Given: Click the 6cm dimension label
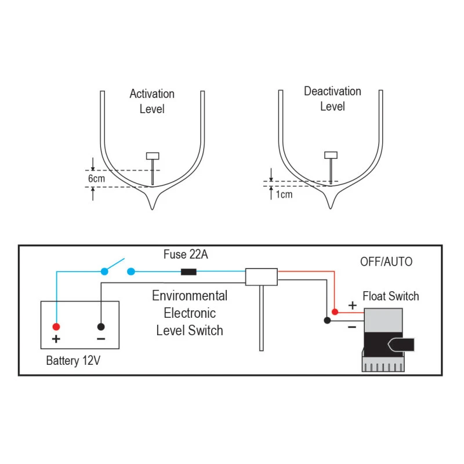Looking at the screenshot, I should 96,179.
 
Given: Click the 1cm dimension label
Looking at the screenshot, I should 284,194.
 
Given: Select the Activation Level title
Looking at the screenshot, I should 152,101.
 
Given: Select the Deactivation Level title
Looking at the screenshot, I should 332,99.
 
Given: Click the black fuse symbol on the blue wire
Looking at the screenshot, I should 188,271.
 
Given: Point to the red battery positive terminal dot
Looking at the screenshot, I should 56,326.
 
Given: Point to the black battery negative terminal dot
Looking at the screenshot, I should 101,326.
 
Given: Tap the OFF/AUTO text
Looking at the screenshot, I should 386,262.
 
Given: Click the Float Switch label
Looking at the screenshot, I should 390,296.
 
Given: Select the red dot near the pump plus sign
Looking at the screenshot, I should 335,312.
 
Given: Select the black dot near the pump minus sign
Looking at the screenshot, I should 327,320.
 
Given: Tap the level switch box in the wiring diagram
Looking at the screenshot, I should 261,277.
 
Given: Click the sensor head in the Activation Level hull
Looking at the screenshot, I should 153,155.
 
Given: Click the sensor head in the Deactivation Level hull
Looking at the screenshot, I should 331,155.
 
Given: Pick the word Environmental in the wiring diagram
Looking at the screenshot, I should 190,296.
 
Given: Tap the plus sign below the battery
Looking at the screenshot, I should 56,339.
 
